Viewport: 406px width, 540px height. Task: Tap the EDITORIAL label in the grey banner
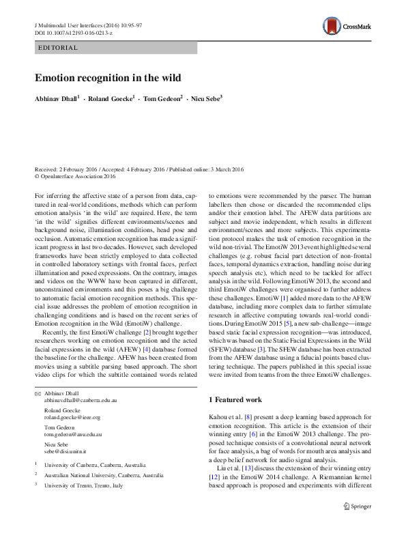[x=59, y=48]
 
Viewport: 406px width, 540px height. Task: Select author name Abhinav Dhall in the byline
[x=57, y=99]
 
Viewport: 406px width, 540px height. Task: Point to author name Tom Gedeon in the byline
[x=162, y=99]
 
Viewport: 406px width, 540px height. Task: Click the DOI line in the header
[x=73, y=33]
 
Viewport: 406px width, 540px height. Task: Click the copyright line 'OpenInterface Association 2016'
[x=80, y=175]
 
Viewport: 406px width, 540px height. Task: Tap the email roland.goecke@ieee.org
[x=72, y=417]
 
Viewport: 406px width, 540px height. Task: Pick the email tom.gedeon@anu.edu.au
[x=73, y=433]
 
